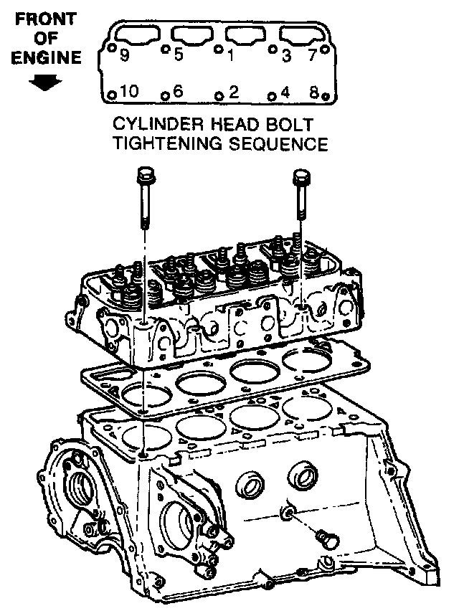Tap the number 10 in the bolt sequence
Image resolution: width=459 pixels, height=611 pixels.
129,91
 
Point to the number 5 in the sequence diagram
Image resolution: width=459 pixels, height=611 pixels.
179,55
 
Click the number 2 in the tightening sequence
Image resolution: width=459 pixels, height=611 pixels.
233,91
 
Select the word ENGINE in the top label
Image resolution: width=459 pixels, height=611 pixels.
47,58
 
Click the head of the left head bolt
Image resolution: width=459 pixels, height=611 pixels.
144,174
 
